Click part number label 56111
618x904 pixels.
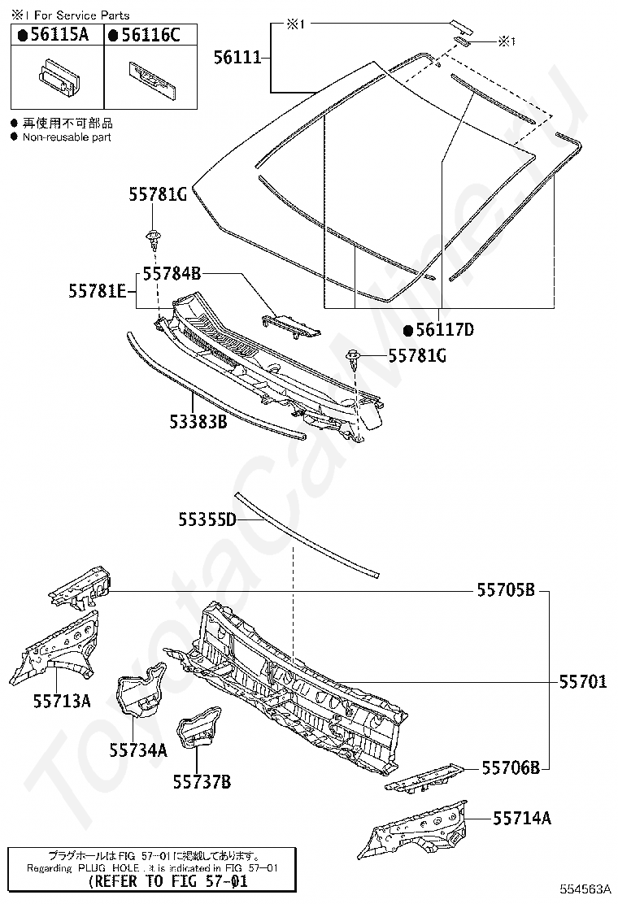click(237, 57)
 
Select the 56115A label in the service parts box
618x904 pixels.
click(59, 35)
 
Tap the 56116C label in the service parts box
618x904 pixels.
click(150, 35)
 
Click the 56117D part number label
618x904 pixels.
click(445, 329)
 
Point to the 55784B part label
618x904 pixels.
click(172, 272)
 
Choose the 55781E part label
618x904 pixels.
click(98, 290)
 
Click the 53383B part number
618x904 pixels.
click(198, 421)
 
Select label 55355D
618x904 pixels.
click(207, 519)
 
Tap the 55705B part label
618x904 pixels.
click(506, 589)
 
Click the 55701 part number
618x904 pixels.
click(583, 681)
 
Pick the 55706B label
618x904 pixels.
click(511, 767)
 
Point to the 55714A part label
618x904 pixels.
click(522, 818)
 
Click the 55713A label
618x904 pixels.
click(62, 701)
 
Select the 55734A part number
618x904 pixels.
click(138, 750)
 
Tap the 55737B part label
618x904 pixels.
click(202, 781)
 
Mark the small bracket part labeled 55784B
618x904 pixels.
click(291, 325)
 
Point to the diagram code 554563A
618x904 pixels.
click(584, 889)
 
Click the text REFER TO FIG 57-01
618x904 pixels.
click(169, 880)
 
